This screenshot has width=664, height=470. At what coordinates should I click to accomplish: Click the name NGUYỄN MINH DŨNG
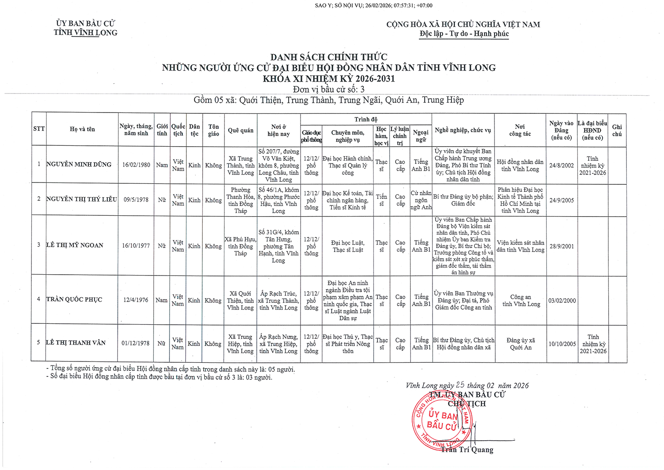coord(79,164)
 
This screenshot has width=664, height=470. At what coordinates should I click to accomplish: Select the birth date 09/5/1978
coord(136,200)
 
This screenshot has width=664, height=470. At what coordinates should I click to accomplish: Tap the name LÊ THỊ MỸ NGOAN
coord(75,245)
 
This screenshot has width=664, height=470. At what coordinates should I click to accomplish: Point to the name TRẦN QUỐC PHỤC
coord(74,299)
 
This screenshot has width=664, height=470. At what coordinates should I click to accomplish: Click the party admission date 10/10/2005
coord(562,344)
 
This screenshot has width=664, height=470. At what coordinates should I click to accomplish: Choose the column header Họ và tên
coord(82,129)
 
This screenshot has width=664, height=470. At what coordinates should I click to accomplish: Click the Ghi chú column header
coord(617,130)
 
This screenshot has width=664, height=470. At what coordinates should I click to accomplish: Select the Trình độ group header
coord(366,120)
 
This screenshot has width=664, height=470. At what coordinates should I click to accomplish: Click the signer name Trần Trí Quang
coord(467,450)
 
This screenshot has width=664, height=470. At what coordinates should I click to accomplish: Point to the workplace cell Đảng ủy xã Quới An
coord(521,344)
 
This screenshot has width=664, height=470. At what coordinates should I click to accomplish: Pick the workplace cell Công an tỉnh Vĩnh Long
coord(521,300)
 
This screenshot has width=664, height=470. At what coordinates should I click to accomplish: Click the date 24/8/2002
coord(561,165)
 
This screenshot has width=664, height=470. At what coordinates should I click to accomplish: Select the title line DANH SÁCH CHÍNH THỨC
coord(328,57)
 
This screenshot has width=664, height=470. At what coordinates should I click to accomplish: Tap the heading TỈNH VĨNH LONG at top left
coord(85,33)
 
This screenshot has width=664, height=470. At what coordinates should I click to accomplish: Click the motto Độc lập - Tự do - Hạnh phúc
coord(464,34)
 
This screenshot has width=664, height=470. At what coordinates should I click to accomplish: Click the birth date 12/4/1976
coord(136,300)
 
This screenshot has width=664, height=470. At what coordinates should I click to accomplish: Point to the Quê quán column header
coord(240,130)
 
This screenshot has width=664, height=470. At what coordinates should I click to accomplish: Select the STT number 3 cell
coord(39,245)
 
